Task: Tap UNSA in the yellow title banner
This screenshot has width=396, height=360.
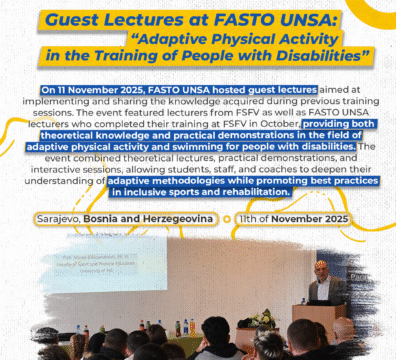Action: (312, 18)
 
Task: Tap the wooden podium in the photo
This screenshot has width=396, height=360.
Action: (318, 322)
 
